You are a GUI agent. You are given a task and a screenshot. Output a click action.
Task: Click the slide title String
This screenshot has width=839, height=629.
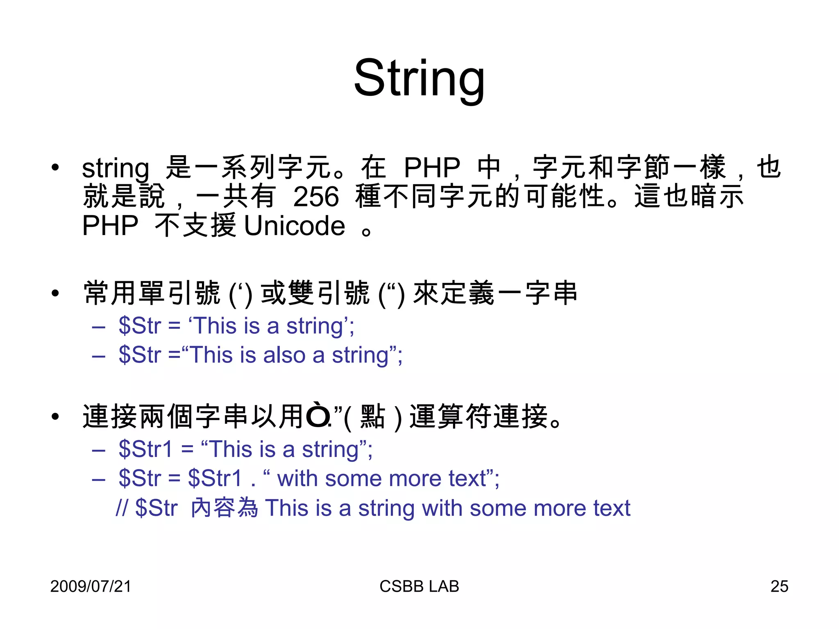(419, 79)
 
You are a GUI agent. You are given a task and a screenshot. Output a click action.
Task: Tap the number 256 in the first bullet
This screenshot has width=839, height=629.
(316, 197)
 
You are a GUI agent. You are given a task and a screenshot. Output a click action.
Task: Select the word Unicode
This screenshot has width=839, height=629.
(295, 226)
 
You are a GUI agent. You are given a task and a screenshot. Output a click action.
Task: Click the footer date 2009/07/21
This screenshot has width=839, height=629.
(91, 586)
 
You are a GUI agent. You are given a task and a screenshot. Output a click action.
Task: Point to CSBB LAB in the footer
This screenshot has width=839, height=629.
(419, 586)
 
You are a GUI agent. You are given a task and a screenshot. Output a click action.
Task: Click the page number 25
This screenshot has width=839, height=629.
(779, 586)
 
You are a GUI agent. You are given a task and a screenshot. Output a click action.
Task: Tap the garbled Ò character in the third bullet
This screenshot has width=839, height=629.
(318, 416)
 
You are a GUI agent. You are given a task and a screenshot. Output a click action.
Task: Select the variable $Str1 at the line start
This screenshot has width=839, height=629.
(145, 449)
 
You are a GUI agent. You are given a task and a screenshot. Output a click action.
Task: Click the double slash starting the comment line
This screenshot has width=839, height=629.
(122, 508)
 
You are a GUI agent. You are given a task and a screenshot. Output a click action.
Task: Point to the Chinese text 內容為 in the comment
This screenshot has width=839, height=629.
(224, 508)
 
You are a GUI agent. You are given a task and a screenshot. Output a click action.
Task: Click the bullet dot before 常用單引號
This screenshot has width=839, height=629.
(55, 293)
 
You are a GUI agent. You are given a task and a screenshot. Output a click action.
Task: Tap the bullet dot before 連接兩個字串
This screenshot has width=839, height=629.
(55, 417)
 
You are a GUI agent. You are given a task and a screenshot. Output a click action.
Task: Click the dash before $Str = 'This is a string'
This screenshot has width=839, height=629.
(99, 327)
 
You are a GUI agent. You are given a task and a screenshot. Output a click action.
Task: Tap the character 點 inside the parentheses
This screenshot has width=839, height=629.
(372, 417)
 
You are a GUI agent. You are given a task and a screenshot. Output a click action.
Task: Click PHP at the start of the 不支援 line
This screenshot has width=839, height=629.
(110, 226)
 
